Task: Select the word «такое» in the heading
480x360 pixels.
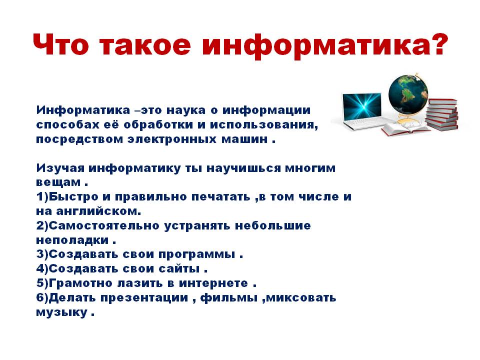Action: click(x=145, y=44)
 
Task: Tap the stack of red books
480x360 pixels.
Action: click(x=441, y=114)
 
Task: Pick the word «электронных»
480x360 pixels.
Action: click(x=171, y=139)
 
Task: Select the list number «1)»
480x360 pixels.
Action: click(x=42, y=197)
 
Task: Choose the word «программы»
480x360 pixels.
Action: click(x=197, y=254)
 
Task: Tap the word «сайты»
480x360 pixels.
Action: click(x=179, y=269)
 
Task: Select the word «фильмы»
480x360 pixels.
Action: click(x=229, y=298)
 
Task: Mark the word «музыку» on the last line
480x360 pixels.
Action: click(x=61, y=312)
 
